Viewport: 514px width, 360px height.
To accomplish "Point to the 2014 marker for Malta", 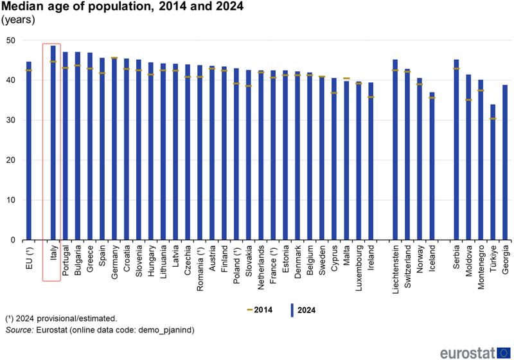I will [x=346, y=78].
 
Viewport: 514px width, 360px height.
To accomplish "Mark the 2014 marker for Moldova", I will [x=468, y=100].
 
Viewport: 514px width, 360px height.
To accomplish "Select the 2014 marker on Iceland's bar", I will [x=432, y=98].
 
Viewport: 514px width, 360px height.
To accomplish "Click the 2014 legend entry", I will [x=258, y=310].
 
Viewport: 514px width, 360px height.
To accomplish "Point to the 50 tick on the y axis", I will [x=11, y=40].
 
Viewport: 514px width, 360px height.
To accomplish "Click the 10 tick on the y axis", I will [x=11, y=201].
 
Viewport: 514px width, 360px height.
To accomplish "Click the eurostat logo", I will [x=474, y=352].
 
